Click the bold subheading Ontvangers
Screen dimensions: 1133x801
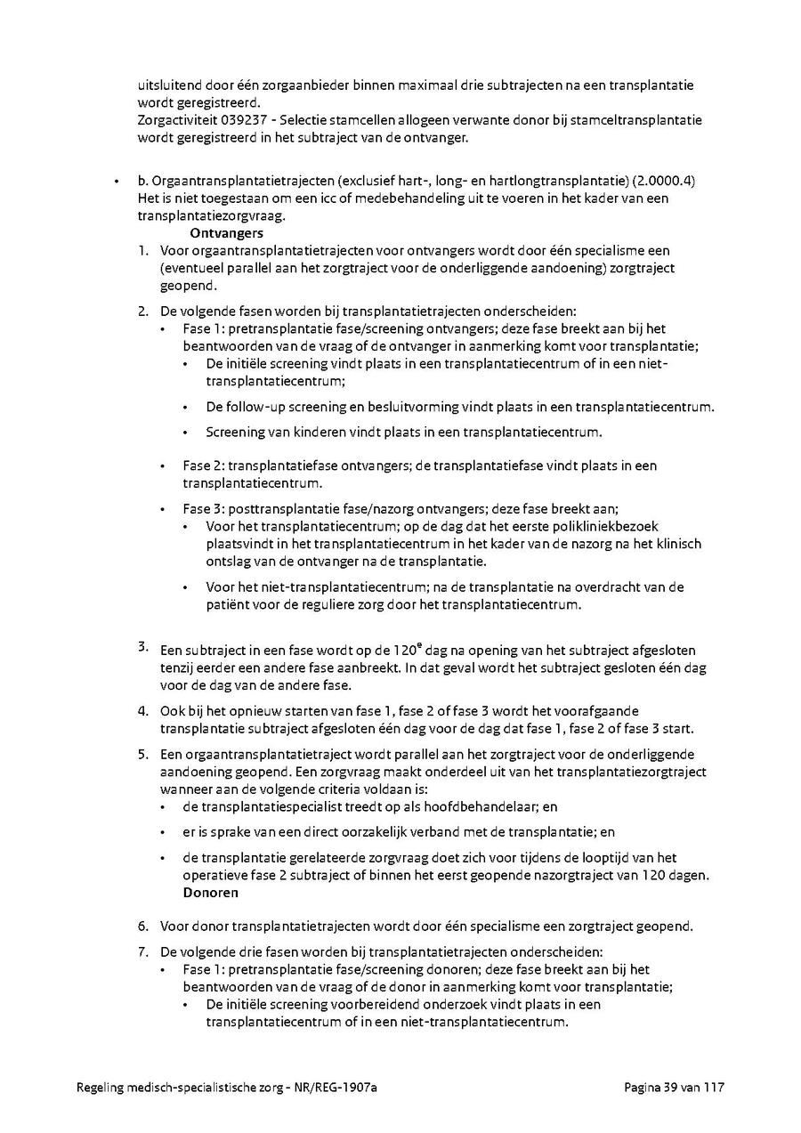coord(226,233)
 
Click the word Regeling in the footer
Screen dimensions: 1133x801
coord(103,1088)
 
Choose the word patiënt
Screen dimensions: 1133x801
coord(229,604)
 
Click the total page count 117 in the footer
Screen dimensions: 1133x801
coord(716,1088)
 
